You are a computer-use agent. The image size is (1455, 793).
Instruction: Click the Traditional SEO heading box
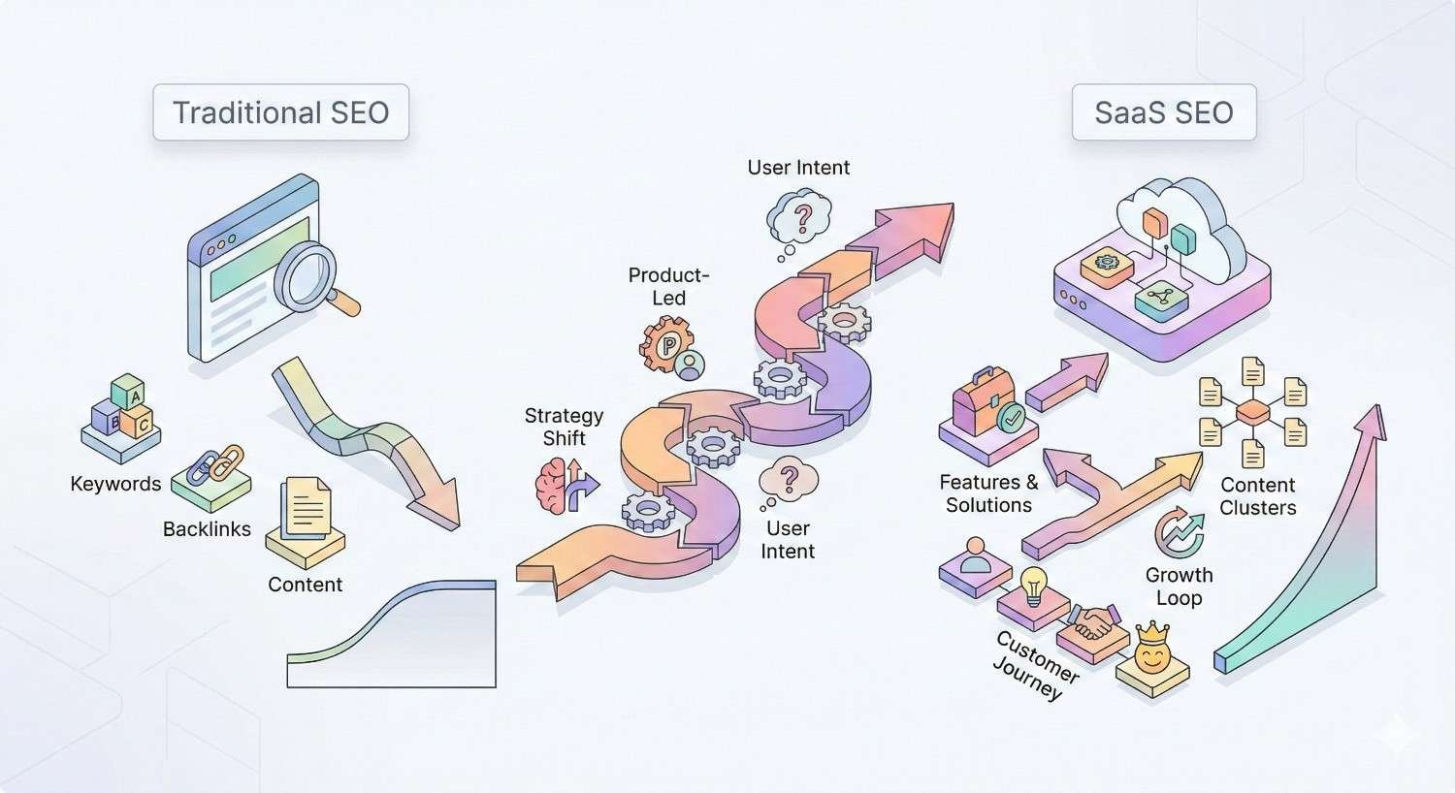pyautogui.click(x=280, y=112)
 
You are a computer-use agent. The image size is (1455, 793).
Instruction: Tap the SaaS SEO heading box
pyautogui.click(x=1163, y=112)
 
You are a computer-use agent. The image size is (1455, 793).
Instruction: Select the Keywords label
pyautogui.click(x=115, y=484)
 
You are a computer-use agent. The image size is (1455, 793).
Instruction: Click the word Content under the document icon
pyautogui.click(x=305, y=585)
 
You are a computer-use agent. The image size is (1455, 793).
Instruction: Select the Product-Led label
pyautogui.click(x=668, y=286)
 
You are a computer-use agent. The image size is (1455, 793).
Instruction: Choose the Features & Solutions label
pyautogui.click(x=988, y=493)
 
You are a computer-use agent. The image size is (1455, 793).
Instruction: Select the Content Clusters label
pyautogui.click(x=1257, y=495)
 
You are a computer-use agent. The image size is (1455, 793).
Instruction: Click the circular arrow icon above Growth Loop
pyautogui.click(x=1179, y=532)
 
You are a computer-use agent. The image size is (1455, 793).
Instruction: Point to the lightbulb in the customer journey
pyautogui.click(x=1033, y=585)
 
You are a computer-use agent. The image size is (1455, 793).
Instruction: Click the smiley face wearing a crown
pyautogui.click(x=1152, y=652)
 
